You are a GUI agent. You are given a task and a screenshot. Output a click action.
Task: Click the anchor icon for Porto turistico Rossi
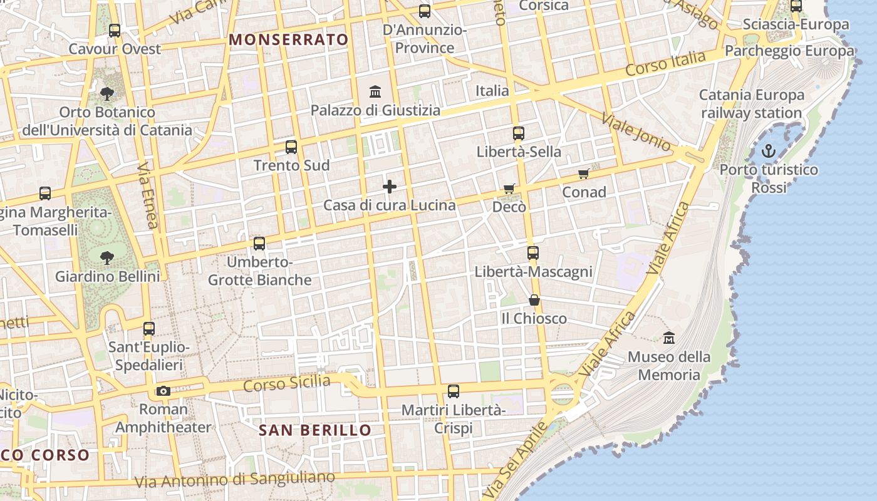point(768,151)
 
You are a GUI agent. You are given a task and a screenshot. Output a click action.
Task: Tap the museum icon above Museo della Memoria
point(669,338)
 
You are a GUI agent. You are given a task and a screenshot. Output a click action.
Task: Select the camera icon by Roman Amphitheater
point(163,391)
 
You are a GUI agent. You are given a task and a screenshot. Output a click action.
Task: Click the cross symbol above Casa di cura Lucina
point(390,186)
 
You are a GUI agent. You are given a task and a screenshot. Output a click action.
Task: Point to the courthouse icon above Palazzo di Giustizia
point(375,92)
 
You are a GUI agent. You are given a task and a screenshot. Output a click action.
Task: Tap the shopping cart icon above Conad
point(584,173)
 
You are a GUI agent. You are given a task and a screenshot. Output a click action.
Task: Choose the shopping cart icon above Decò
point(509,189)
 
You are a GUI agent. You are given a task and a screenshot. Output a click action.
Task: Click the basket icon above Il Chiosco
point(534,300)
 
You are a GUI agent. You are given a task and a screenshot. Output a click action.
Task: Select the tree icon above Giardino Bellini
point(107,257)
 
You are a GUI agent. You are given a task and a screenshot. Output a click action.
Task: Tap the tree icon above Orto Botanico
point(107,94)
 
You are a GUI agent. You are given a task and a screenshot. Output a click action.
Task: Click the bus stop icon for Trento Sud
point(291,147)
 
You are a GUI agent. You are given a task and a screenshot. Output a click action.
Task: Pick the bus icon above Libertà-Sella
point(519,133)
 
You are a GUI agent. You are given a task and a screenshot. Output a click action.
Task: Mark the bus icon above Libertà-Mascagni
point(533,253)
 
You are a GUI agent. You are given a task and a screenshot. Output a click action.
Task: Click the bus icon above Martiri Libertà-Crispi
point(454,391)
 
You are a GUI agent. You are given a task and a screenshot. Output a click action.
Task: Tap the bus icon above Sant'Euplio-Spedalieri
point(149,328)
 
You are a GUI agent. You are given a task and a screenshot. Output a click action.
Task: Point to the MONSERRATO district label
point(289,39)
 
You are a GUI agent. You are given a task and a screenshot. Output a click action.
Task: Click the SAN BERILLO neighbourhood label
point(315,430)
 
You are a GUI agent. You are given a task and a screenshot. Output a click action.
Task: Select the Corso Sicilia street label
point(287,383)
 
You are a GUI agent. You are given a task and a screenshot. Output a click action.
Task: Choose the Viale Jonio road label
point(636,132)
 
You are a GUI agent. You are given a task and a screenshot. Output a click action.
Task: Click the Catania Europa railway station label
point(751,104)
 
